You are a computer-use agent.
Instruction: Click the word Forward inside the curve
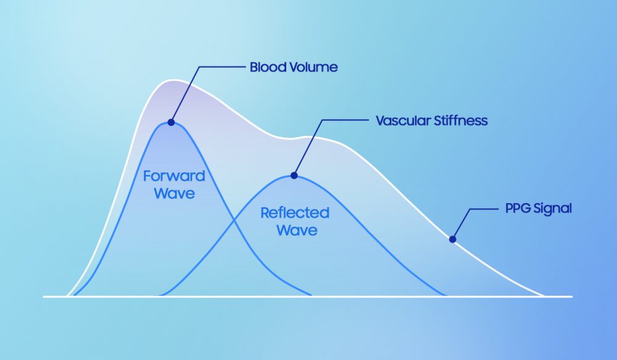174,176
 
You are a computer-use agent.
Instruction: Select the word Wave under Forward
174,193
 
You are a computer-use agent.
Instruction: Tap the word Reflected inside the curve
295,213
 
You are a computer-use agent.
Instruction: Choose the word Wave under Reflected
297,231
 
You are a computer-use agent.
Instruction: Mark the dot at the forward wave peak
171,122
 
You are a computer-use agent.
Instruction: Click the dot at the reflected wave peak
294,176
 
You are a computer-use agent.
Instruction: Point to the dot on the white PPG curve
452,238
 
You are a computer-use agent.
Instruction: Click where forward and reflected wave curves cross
233,220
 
